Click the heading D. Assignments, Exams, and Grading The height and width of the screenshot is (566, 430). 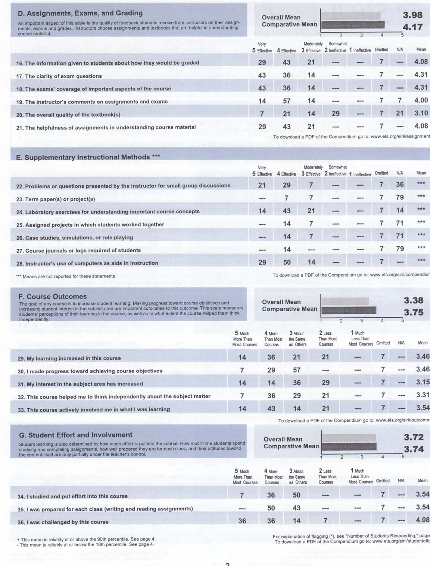(80, 13)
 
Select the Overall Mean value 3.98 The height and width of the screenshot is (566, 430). (412, 15)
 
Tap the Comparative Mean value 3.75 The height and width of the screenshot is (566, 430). (414, 312)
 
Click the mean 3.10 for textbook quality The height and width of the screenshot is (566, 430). (421, 113)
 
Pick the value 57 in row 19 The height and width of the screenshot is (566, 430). (286, 101)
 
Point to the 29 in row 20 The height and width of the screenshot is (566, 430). (336, 114)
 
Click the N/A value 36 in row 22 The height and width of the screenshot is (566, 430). (400, 185)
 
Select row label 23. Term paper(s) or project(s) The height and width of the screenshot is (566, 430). (56, 199)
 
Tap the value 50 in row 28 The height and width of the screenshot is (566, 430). (287, 262)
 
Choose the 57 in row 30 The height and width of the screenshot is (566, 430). (297, 370)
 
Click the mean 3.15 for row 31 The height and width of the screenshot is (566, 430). (423, 382)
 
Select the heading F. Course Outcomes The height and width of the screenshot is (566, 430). (53, 297)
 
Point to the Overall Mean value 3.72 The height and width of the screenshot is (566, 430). (414, 437)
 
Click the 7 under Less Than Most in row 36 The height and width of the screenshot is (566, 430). (325, 520)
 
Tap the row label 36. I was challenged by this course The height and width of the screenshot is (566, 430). (63, 522)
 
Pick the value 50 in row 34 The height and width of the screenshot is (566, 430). (297, 495)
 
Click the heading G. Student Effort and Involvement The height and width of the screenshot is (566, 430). (76, 435)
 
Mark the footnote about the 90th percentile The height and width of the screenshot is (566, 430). (86, 539)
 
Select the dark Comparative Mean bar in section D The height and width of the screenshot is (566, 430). (353, 25)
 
